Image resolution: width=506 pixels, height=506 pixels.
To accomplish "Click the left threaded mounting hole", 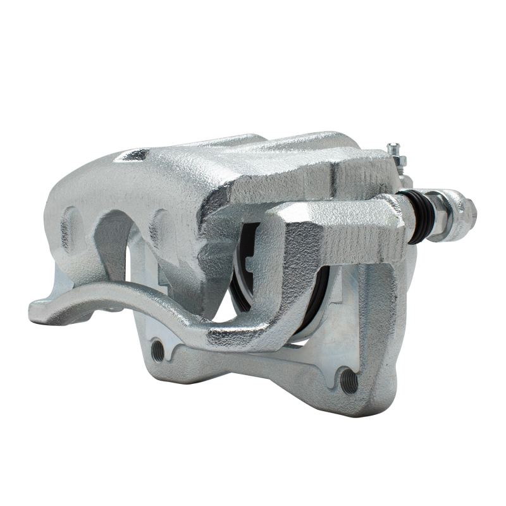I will (x=157, y=350).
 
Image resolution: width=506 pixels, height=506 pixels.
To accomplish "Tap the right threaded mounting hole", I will (x=349, y=380).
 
